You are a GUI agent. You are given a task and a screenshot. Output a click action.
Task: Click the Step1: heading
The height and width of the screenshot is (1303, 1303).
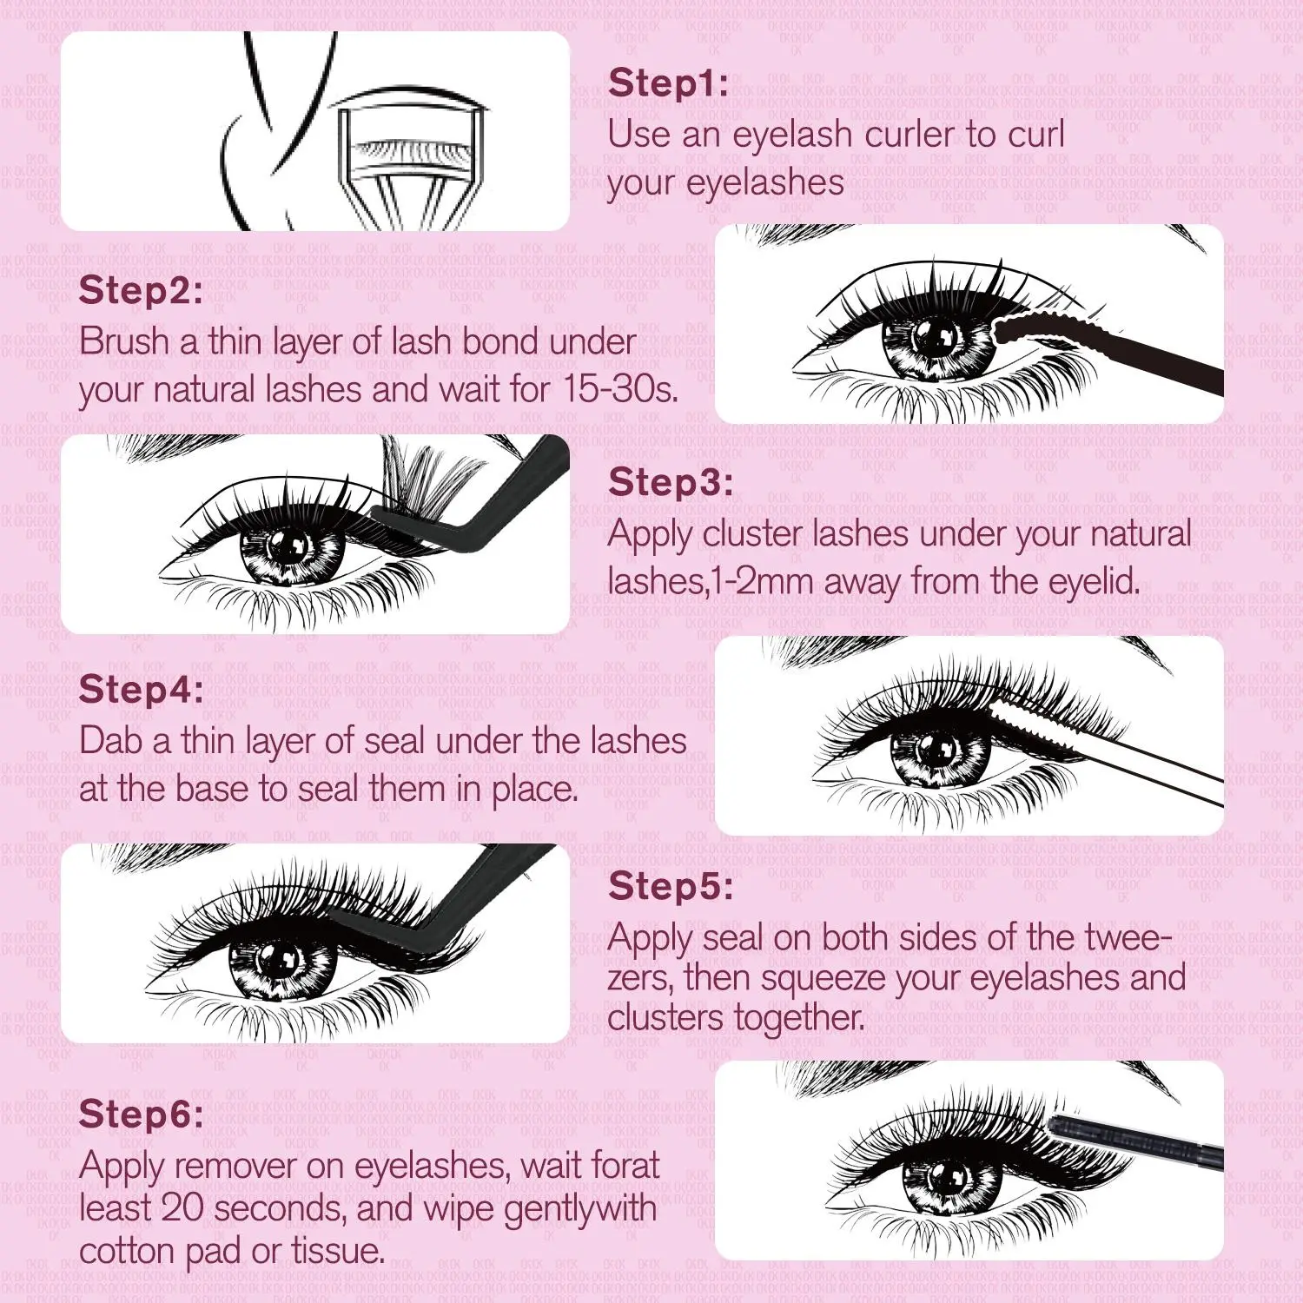(668, 83)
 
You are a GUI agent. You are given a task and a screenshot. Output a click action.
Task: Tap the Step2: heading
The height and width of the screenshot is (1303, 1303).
(140, 290)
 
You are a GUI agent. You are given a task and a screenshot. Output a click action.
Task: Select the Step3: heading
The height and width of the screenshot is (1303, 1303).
(671, 482)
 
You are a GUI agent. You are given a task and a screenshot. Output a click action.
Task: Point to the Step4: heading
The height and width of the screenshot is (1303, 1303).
(141, 690)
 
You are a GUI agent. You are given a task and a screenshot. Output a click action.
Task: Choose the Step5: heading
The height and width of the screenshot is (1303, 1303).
(671, 886)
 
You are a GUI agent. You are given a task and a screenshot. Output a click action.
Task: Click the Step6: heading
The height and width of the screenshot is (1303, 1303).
(141, 1114)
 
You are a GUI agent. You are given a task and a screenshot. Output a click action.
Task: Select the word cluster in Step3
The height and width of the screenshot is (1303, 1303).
(751, 533)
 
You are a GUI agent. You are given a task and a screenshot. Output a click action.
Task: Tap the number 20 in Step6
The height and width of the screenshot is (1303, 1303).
(182, 1208)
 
